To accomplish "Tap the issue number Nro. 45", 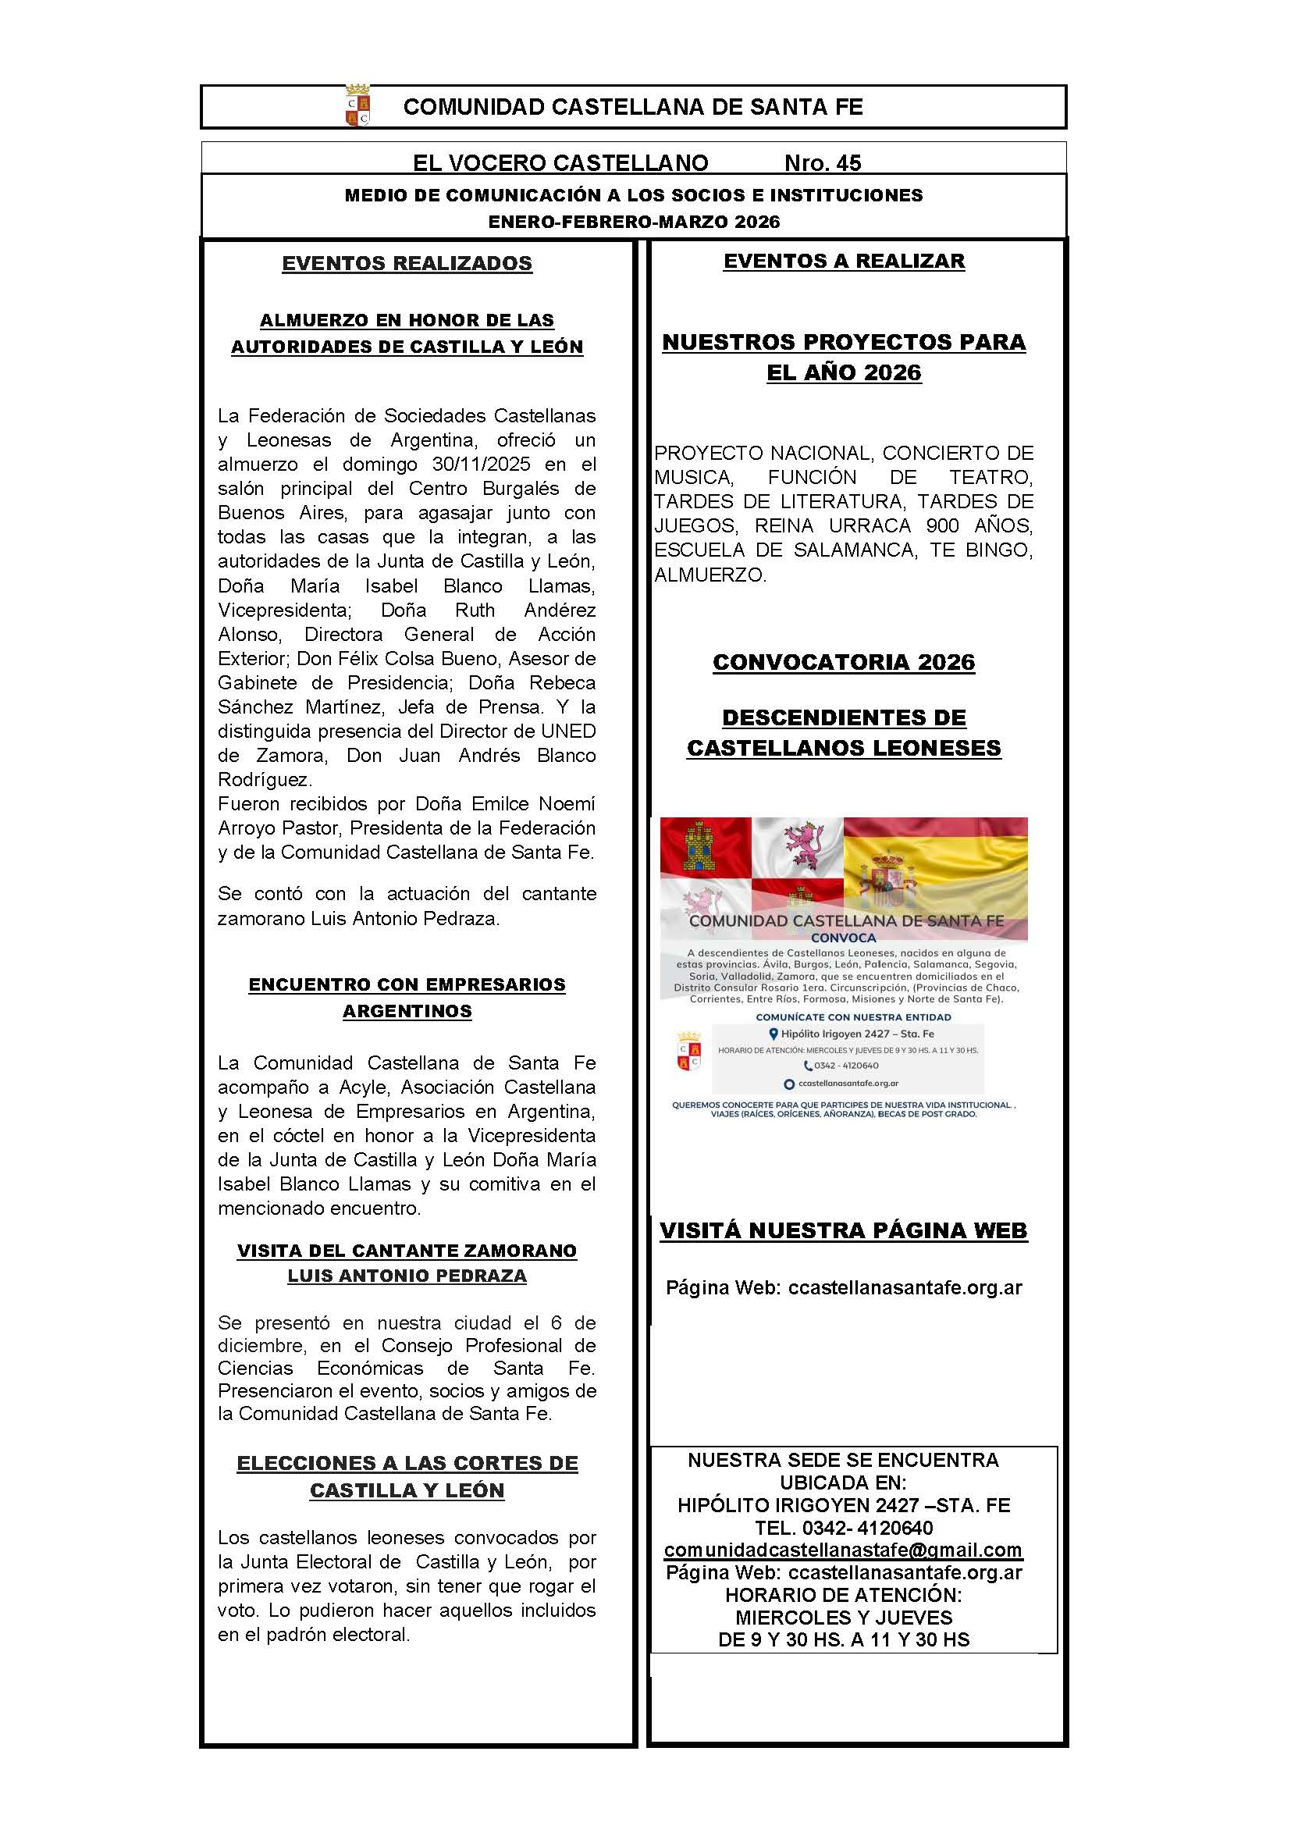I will (x=822, y=163).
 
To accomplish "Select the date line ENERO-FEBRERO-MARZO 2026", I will (x=634, y=222).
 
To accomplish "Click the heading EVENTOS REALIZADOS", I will (x=407, y=263).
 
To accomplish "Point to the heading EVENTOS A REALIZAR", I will (x=844, y=261).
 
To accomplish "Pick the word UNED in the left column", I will (x=568, y=731).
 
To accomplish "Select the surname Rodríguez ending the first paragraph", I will (x=265, y=779).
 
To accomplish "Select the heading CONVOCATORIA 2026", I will (x=844, y=662).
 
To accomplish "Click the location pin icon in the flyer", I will (x=773, y=1034).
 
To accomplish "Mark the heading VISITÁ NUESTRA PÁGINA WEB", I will (x=844, y=1230).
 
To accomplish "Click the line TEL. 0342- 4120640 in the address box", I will (x=844, y=1528).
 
